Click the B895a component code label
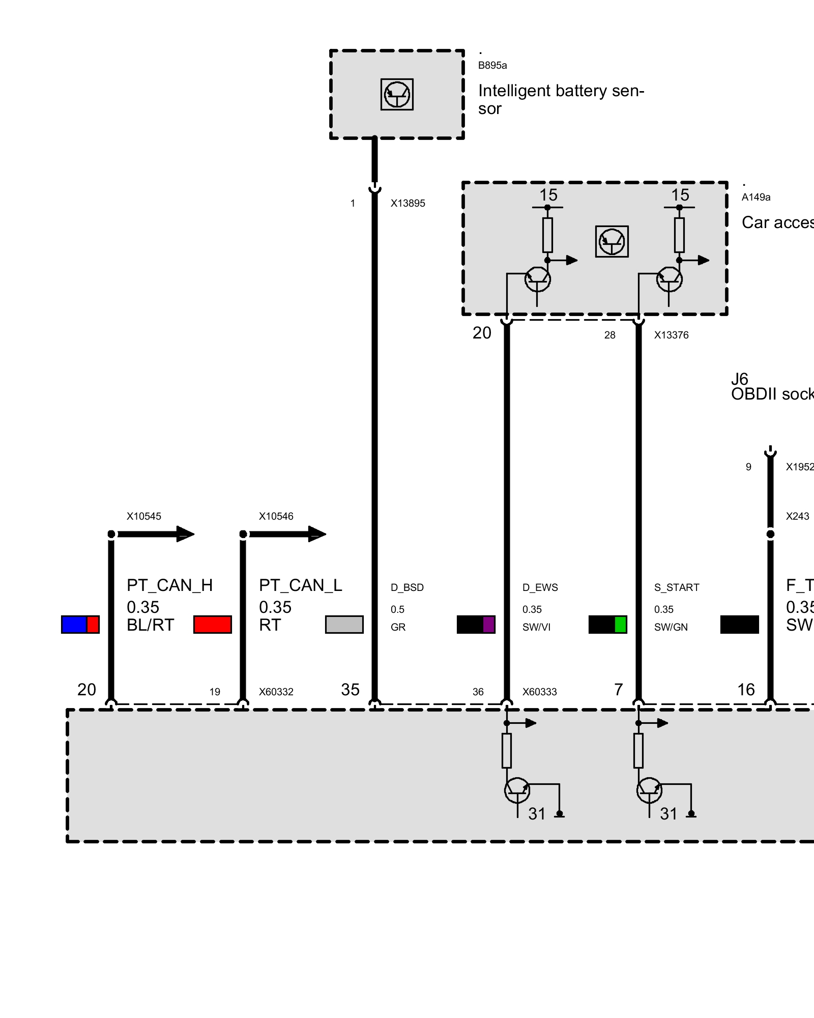[x=492, y=65]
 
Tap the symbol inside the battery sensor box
[x=397, y=94]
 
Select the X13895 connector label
[x=408, y=203]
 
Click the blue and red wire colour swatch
[x=80, y=625]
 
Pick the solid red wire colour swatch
[x=213, y=625]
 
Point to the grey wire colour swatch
[x=344, y=625]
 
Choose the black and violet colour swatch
[x=476, y=625]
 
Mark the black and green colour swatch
[x=607, y=625]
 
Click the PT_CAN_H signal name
[x=169, y=585]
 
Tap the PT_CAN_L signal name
[x=300, y=585]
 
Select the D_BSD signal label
[x=407, y=587]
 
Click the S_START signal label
[x=677, y=587]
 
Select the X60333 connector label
[x=539, y=692]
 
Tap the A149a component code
[x=755, y=197]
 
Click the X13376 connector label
[x=671, y=335]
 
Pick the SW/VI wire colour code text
[x=536, y=627]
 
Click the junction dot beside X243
[x=770, y=534]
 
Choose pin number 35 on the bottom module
[x=350, y=690]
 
